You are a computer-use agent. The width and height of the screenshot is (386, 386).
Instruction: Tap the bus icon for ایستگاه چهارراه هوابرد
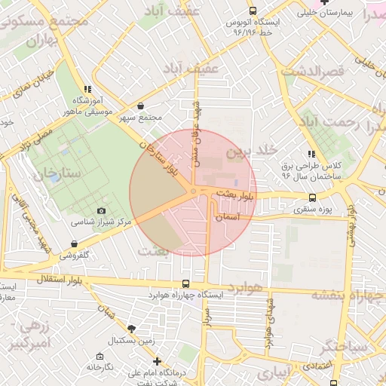(x=185, y=284)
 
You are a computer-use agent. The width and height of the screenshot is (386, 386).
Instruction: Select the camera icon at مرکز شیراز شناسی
(x=102, y=211)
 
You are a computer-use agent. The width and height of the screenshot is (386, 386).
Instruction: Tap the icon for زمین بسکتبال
(x=132, y=329)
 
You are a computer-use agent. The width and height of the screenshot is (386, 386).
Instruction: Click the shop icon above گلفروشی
(x=74, y=244)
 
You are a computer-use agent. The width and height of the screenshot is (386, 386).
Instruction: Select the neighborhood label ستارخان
(x=57, y=173)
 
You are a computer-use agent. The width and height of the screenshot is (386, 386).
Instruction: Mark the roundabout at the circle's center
(x=193, y=192)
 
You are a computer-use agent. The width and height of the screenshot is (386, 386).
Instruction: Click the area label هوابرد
(x=247, y=289)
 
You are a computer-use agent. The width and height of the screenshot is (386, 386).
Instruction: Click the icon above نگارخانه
(x=100, y=355)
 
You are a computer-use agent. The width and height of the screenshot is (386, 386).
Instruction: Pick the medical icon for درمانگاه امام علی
(x=157, y=362)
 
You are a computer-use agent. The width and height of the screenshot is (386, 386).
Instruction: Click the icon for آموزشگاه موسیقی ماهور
(x=88, y=89)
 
